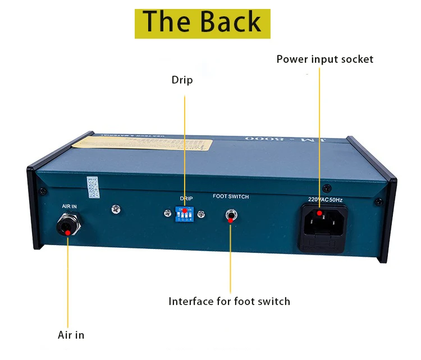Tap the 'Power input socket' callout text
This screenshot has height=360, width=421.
[324, 59]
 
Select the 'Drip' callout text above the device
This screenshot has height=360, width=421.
[182, 80]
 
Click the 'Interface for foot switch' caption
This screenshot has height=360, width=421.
[229, 301]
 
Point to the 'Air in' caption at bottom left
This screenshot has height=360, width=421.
[71, 335]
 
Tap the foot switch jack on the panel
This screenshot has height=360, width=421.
[230, 214]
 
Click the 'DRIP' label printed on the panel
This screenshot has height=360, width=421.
[186, 199]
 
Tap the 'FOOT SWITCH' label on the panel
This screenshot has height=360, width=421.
[230, 197]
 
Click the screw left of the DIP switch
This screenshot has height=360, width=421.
[167, 214]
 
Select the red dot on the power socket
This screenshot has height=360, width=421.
[320, 213]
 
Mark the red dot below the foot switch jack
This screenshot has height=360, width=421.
[231, 221]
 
